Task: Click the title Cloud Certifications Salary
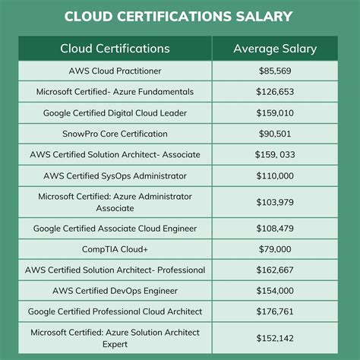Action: point(180,17)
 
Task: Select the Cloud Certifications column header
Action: point(115,49)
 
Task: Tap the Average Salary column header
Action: point(275,49)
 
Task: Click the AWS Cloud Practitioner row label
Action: point(115,71)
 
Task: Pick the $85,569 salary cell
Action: point(275,71)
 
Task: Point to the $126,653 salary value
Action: point(275,92)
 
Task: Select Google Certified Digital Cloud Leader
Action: point(115,112)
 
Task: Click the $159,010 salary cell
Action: point(275,112)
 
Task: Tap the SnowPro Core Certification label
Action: point(115,134)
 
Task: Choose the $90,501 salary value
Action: point(275,134)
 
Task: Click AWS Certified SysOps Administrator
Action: point(115,175)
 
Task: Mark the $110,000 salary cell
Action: point(275,175)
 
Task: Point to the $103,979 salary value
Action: point(275,201)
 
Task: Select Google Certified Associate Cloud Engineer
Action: point(115,228)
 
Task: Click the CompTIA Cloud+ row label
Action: point(115,248)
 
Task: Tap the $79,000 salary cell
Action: point(275,248)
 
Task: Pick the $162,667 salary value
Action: point(275,270)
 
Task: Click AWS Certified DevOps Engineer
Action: point(115,290)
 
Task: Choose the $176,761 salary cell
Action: point(275,311)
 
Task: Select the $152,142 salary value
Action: point(275,337)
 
